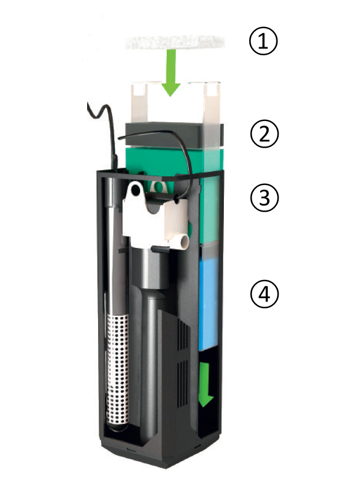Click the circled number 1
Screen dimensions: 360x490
tap(263, 41)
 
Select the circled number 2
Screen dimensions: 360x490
tap(264, 134)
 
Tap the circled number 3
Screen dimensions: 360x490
tap(264, 198)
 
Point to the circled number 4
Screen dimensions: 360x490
tap(264, 294)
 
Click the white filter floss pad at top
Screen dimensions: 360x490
tap(175, 43)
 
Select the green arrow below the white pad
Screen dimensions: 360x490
tap(170, 73)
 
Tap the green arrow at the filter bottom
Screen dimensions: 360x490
tap(205, 385)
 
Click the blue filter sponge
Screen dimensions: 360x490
tap(208, 303)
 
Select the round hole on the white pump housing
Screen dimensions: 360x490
tap(136, 189)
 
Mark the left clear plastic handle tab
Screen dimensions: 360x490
tap(138, 102)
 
